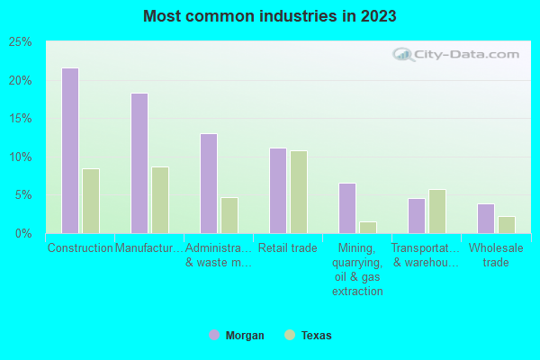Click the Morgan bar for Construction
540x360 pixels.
(x=69, y=150)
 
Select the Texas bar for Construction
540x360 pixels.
(x=90, y=201)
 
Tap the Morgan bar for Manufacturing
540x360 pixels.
(x=139, y=163)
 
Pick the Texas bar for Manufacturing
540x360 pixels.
(x=159, y=200)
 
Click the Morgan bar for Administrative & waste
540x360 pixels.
(x=208, y=184)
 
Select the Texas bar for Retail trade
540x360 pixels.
(x=298, y=192)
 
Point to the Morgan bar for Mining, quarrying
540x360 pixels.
(x=346, y=208)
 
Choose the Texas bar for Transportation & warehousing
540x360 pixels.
(x=436, y=211)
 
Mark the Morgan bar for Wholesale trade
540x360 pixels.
(x=485, y=218)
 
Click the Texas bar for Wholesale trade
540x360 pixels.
(x=506, y=224)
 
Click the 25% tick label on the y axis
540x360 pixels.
(x=21, y=42)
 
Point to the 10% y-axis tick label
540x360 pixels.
(x=21, y=157)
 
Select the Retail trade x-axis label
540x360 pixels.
(x=288, y=248)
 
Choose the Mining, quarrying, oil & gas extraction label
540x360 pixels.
(x=357, y=269)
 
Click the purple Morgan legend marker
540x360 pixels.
(x=214, y=335)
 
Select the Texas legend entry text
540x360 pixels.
(x=317, y=336)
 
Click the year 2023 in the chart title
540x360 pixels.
(x=378, y=16)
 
